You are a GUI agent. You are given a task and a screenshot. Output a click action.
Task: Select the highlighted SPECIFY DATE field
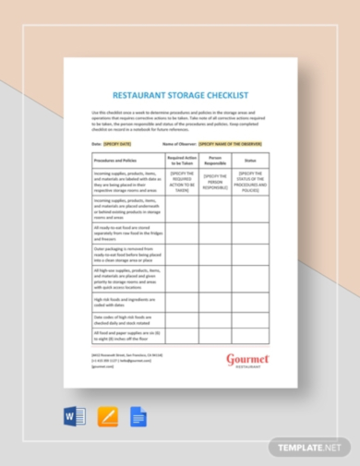[119, 144]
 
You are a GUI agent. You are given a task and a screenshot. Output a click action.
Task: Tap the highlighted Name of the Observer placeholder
[231, 144]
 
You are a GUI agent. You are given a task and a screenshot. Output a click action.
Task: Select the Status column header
[251, 160]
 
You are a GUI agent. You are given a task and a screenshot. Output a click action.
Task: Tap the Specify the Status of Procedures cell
[251, 180]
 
